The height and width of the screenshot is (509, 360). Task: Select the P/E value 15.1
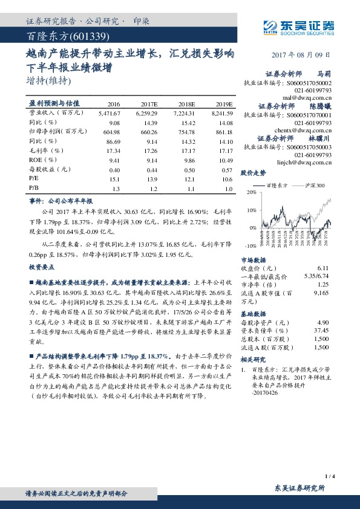pos(114,180)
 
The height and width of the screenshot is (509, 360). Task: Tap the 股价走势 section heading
pos(253,172)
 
